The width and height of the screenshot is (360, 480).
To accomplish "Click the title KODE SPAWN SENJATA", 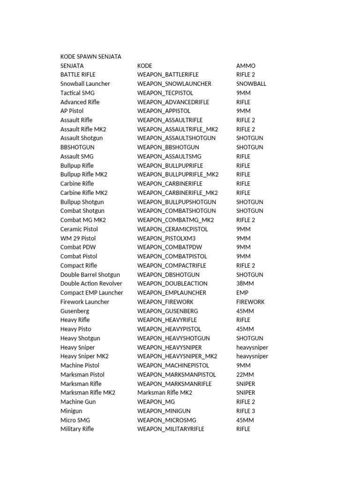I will [91, 57].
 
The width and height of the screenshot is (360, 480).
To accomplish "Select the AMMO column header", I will [246, 66].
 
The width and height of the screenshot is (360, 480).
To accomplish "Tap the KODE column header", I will [145, 66].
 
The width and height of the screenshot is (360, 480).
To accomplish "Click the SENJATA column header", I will [72, 66].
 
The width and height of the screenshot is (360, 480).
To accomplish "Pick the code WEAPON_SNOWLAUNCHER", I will [174, 84].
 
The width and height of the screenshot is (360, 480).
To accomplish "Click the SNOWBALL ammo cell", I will [251, 84].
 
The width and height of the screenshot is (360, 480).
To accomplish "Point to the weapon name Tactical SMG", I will [77, 93].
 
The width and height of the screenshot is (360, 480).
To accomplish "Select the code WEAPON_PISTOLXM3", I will [166, 238].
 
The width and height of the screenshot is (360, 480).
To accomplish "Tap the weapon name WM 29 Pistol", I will [78, 238].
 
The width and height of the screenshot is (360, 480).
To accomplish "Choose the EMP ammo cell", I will [242, 293].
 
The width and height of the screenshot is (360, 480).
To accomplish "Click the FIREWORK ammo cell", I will [250, 302].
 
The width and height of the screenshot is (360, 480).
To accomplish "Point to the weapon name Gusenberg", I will [75, 311].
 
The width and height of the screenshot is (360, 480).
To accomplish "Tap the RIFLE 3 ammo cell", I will [246, 411].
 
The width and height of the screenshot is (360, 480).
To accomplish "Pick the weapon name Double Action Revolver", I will [91, 284].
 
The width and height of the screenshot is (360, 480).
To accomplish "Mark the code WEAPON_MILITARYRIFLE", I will [171, 429].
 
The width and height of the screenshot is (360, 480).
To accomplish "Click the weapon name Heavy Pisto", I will [76, 329].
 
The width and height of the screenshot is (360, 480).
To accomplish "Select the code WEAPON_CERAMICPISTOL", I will [172, 229].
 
